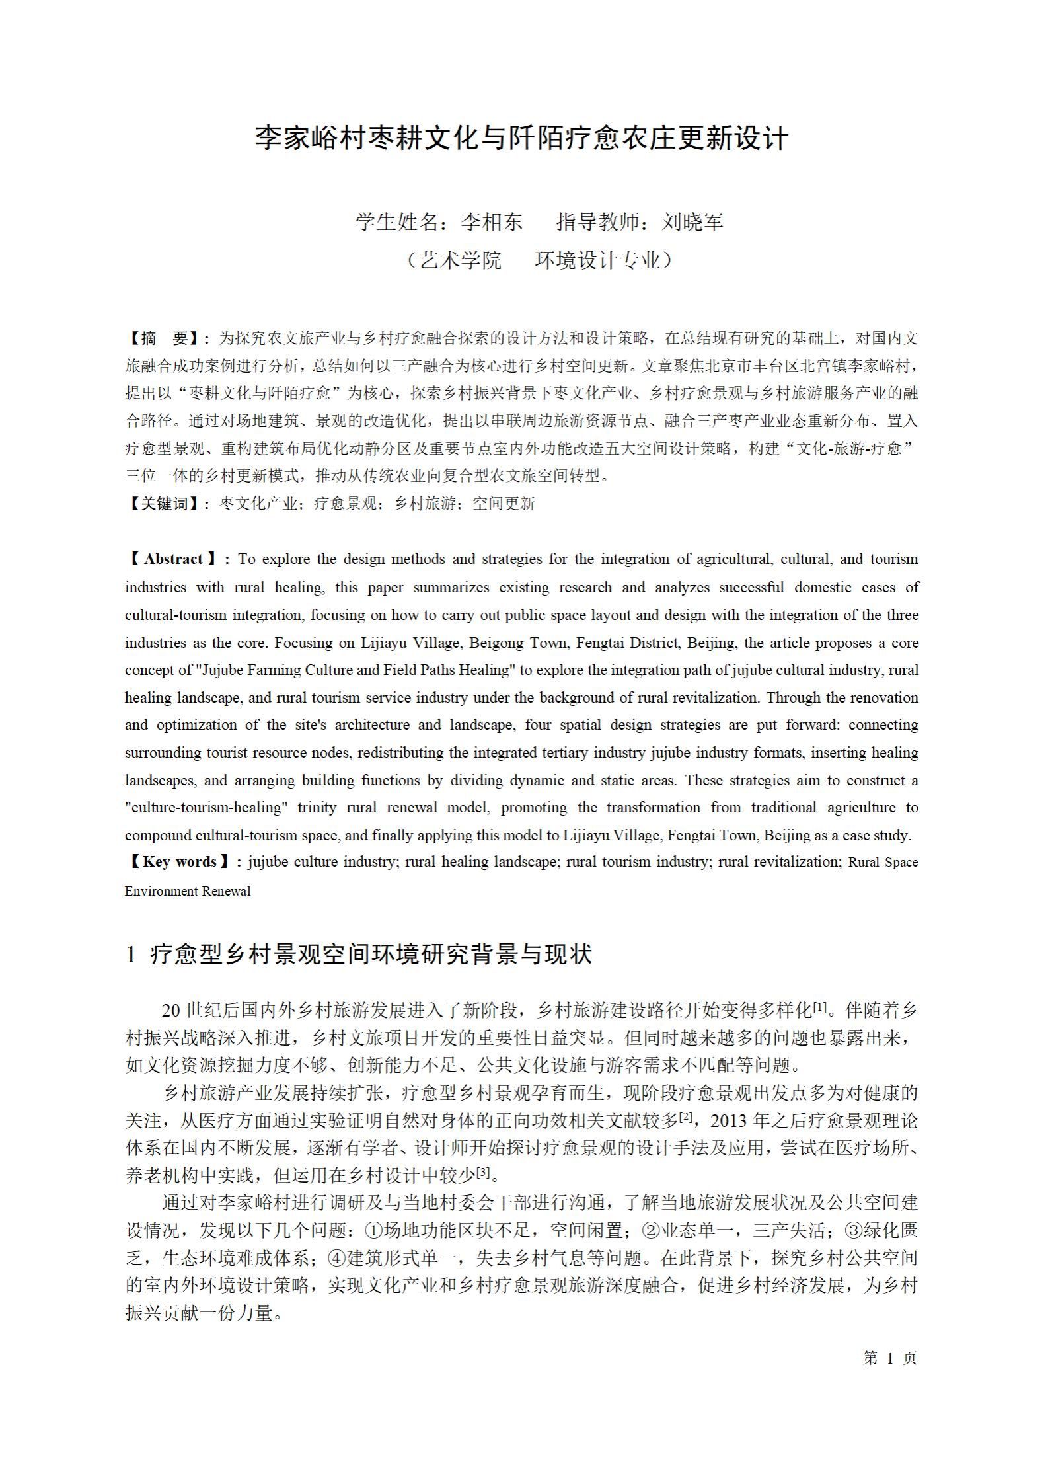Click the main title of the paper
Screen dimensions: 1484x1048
point(522,138)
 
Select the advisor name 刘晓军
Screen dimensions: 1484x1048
point(692,222)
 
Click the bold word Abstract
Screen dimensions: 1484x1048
point(173,559)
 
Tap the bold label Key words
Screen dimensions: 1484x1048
point(179,862)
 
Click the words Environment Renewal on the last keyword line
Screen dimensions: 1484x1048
point(188,891)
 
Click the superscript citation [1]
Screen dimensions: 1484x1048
point(819,1007)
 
